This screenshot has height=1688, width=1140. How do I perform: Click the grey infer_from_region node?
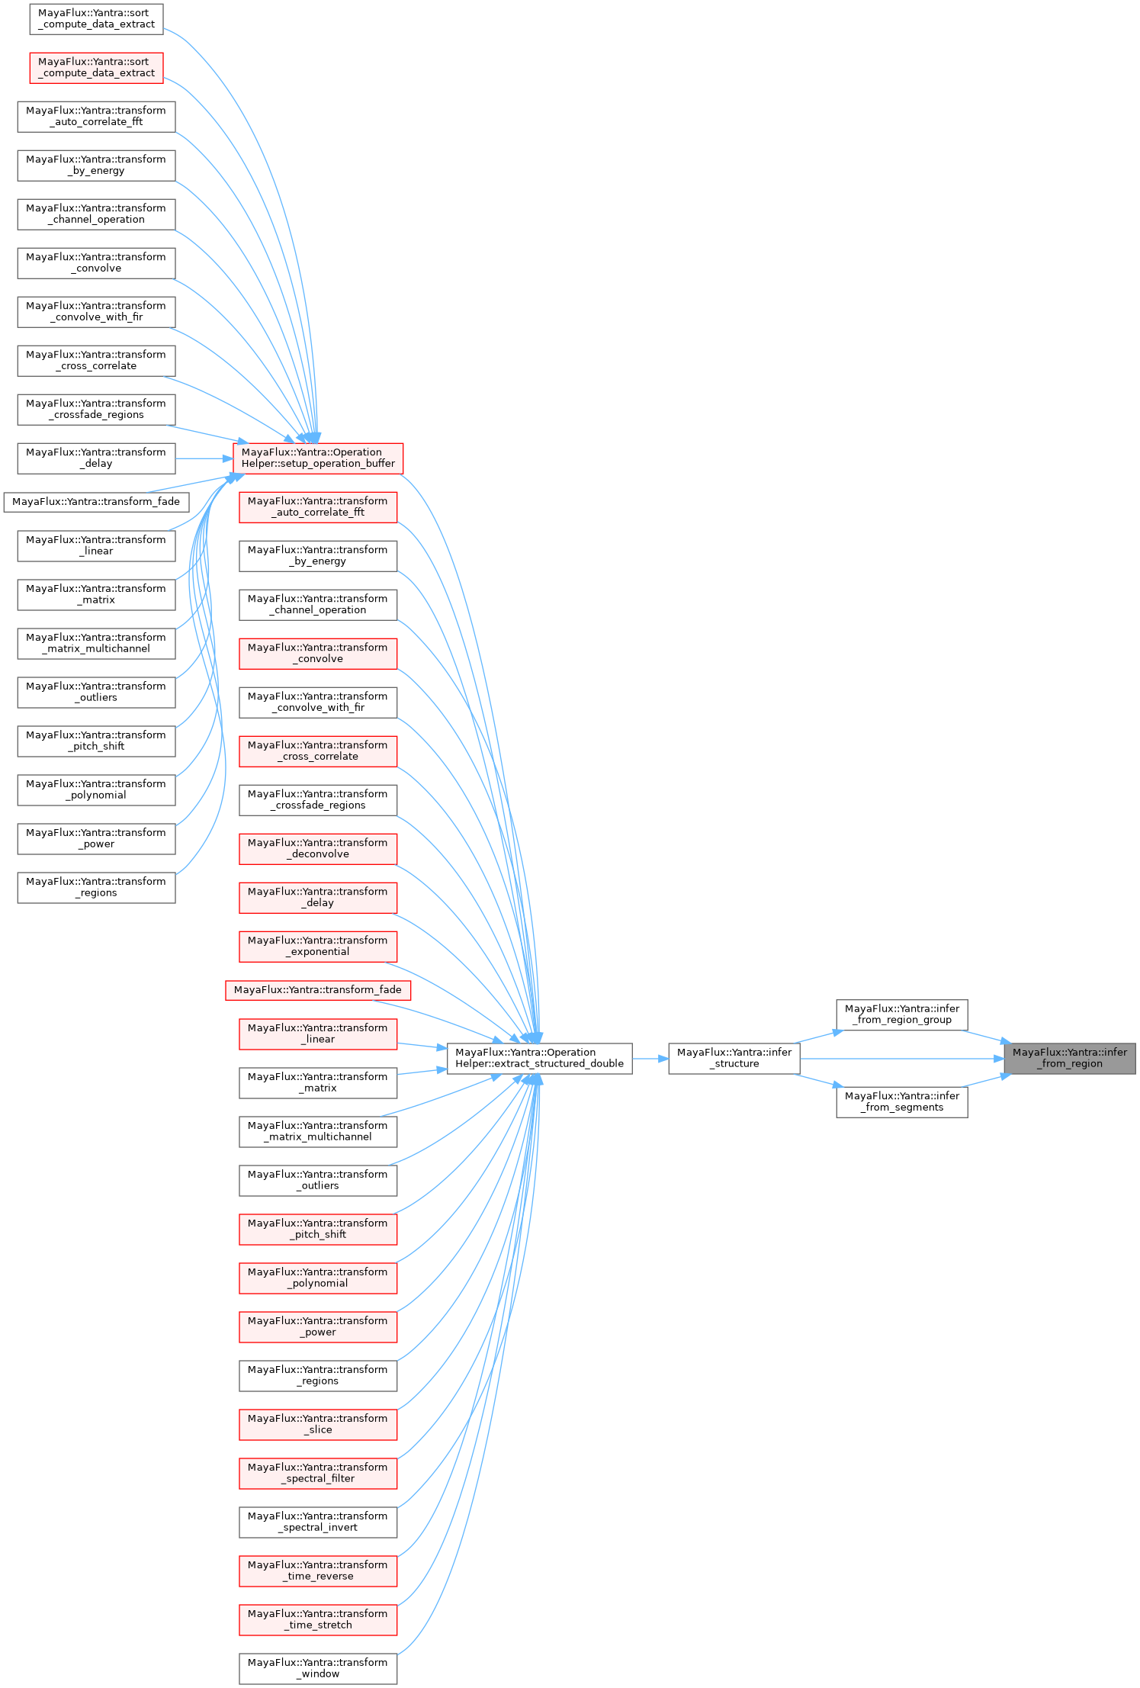(x=1069, y=1058)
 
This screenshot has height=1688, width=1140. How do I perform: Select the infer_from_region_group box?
(x=901, y=1014)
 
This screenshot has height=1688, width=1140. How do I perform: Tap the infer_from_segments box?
(x=901, y=1101)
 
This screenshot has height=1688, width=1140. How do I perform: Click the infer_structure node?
(x=734, y=1058)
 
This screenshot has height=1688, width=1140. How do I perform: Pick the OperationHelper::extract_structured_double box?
(x=539, y=1058)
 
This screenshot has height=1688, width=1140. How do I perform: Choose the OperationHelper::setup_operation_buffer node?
(x=318, y=458)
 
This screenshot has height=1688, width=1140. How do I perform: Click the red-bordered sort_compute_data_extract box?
(x=96, y=67)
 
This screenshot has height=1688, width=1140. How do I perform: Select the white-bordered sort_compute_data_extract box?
(x=96, y=18)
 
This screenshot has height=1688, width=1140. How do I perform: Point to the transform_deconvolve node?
(x=318, y=848)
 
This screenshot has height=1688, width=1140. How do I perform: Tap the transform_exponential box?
(x=318, y=946)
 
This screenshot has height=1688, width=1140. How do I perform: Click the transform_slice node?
(x=318, y=1424)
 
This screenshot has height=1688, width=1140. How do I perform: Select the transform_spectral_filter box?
(x=318, y=1473)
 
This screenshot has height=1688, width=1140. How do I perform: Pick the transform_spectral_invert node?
(x=318, y=1522)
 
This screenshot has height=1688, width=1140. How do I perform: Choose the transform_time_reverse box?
(x=318, y=1571)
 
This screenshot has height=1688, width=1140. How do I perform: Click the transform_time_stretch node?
(x=318, y=1619)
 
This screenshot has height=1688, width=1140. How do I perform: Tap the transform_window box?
(x=318, y=1668)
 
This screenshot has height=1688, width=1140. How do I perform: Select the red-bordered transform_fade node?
(x=318, y=989)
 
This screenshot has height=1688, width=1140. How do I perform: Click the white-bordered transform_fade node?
(x=96, y=502)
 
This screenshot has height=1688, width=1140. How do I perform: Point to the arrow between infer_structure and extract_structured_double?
(x=650, y=1058)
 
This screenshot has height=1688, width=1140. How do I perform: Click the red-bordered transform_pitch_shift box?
(x=318, y=1229)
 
